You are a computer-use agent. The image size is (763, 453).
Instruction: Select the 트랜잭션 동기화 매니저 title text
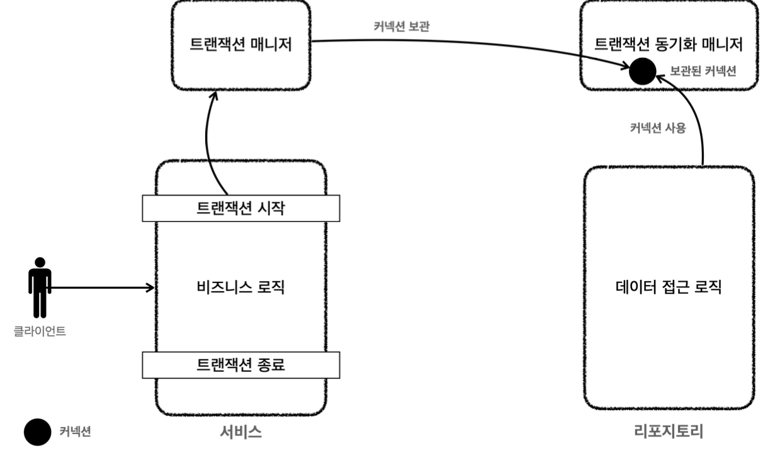click(669, 45)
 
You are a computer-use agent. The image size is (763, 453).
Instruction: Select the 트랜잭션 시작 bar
click(240, 208)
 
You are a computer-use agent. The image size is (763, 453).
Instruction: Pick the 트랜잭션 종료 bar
click(240, 364)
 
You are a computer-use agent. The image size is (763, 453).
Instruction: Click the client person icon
click(40, 287)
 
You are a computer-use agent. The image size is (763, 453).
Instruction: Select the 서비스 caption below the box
click(240, 432)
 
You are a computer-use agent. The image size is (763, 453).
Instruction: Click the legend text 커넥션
click(76, 432)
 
